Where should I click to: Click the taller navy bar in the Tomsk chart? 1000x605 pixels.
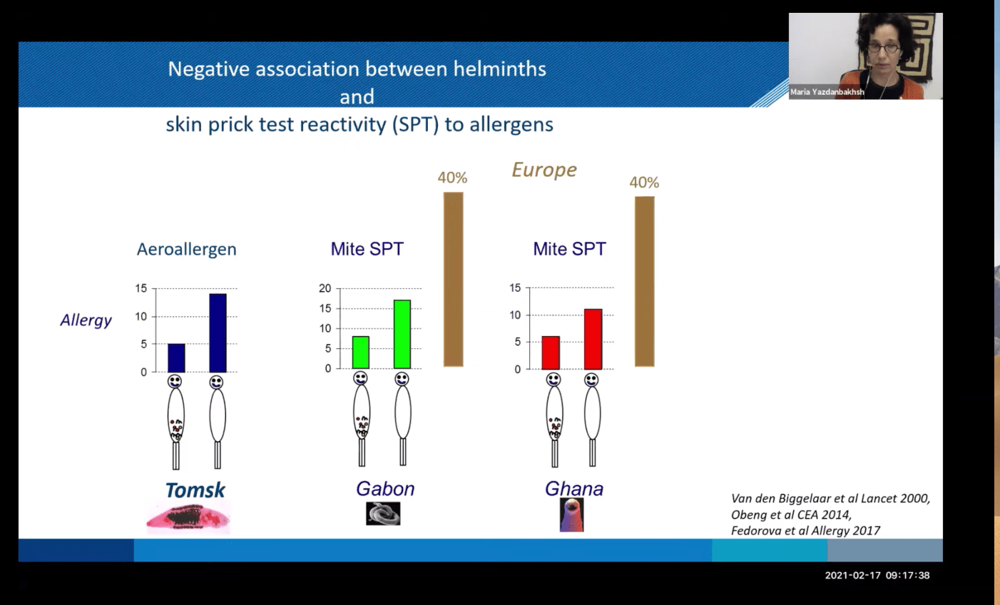tap(218, 332)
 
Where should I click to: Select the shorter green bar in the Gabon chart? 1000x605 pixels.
tap(361, 352)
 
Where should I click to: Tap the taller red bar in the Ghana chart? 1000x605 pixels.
tap(593, 339)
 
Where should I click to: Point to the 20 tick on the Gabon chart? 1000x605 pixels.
tap(325, 288)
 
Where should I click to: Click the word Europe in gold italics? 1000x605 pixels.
tap(544, 170)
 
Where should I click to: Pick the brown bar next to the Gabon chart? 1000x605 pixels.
tap(453, 280)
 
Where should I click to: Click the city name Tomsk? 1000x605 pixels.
tap(195, 490)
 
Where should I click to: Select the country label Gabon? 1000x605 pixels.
tap(385, 489)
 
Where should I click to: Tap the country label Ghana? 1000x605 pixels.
tap(574, 489)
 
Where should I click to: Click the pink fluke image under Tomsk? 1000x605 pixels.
tap(188, 518)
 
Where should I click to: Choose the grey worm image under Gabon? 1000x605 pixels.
tap(383, 514)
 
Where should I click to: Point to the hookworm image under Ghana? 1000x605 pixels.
tap(571, 515)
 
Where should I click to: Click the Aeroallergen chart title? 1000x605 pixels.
tap(187, 249)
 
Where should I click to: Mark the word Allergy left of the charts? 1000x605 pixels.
tap(86, 320)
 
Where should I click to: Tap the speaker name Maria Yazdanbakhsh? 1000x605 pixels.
tap(827, 92)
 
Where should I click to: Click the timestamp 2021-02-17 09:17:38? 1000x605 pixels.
tap(877, 576)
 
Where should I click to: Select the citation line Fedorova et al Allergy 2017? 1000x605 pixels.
tap(805, 530)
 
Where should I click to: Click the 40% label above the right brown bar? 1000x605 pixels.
tap(644, 182)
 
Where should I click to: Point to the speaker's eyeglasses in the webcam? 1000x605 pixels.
tap(883, 48)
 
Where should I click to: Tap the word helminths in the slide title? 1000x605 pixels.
tap(499, 69)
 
